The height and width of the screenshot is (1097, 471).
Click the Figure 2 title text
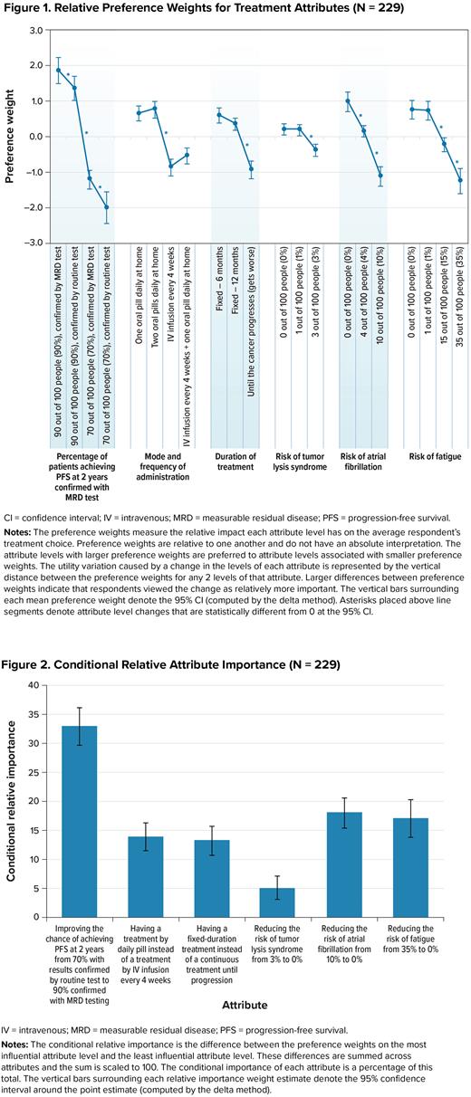tap(172, 639)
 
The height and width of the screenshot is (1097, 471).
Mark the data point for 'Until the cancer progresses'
tap(252, 169)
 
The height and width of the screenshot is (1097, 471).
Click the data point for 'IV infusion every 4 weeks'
tap(170, 166)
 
